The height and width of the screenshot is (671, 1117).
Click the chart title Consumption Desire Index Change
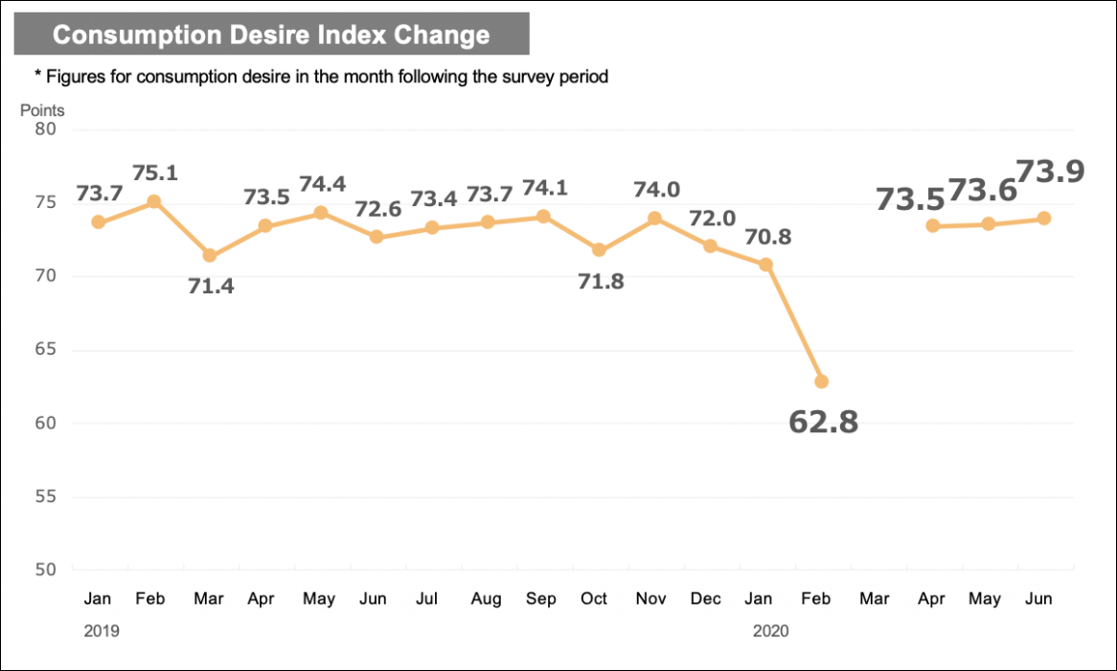(271, 35)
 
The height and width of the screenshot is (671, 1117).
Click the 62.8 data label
(823, 422)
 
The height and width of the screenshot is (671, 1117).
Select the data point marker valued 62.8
(821, 382)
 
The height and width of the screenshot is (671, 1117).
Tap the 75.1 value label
(154, 174)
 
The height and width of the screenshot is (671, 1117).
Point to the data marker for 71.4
(210, 256)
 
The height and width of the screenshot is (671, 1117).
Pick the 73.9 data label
(1050, 172)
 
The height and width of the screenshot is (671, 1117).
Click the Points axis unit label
(42, 110)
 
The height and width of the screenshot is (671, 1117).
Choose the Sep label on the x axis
(541, 599)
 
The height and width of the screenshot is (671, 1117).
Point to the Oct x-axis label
(594, 599)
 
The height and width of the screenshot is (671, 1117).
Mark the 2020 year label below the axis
(771, 631)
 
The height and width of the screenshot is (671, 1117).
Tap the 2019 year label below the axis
(102, 631)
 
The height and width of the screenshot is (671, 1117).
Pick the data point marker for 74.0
(654, 219)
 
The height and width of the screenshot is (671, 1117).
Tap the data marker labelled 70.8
(765, 265)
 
